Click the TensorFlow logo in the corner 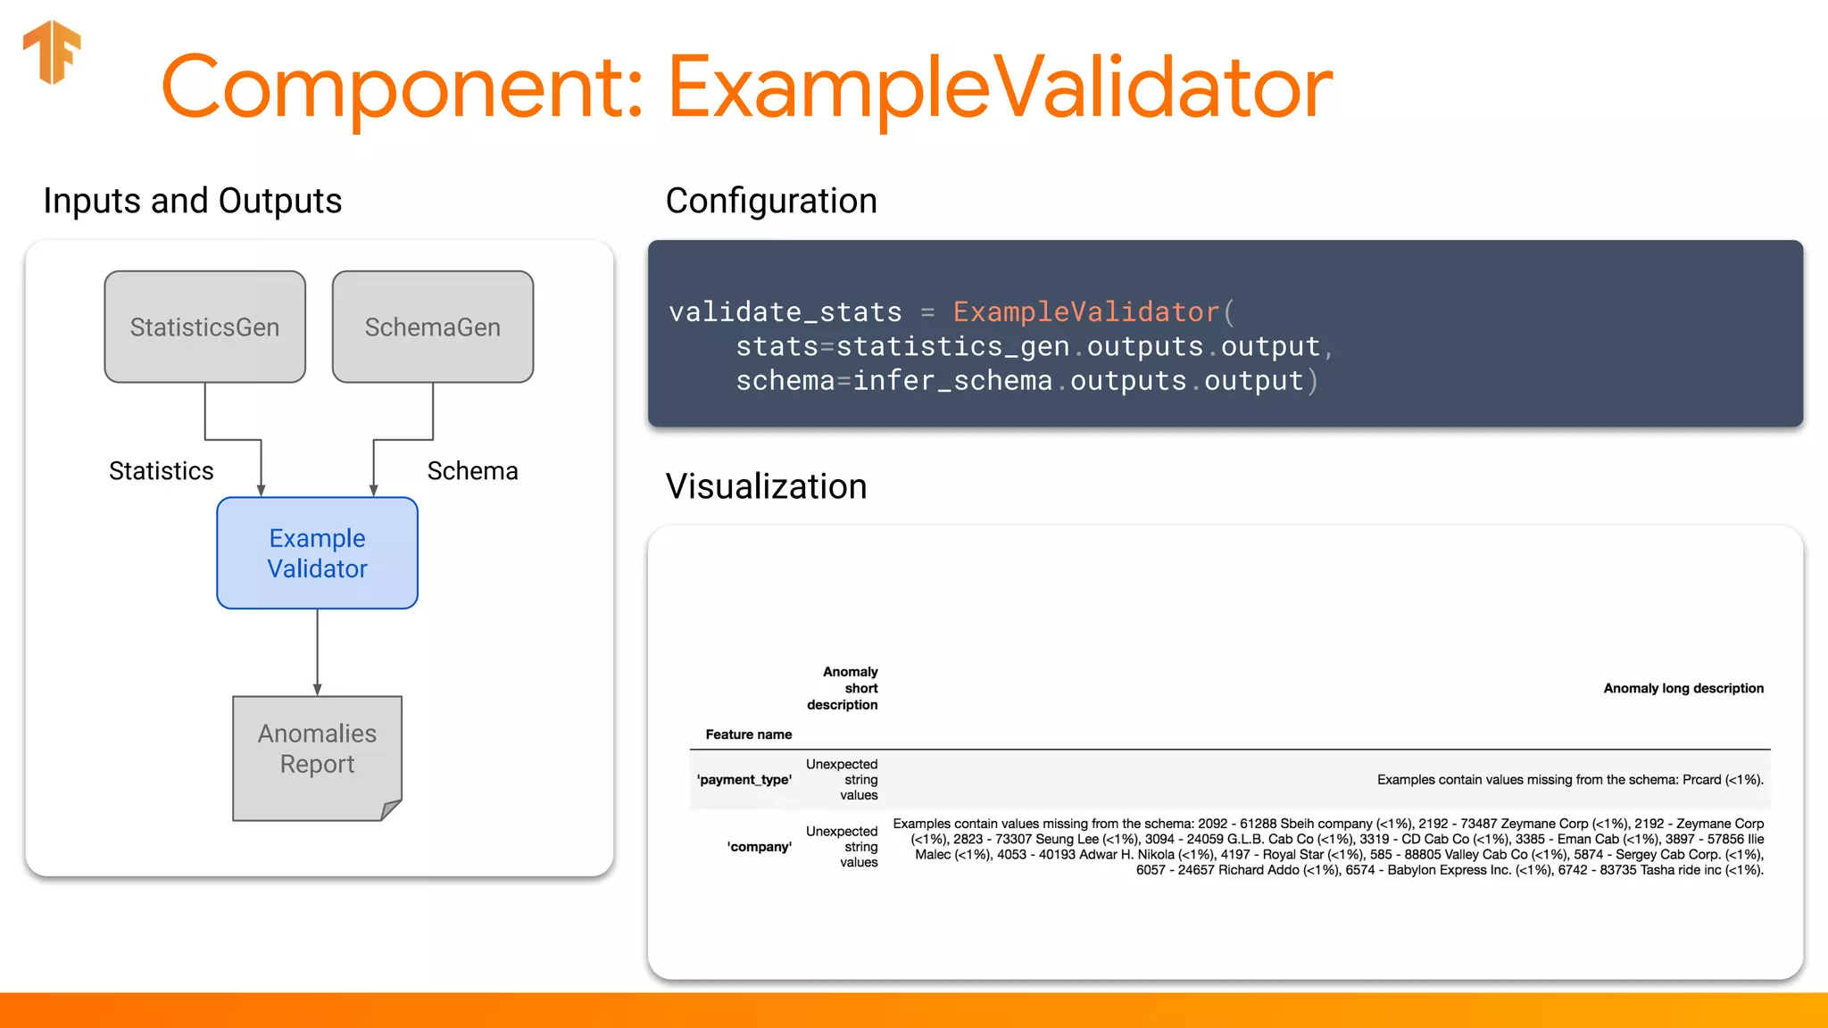[x=52, y=52]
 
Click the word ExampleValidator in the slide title [x=1000, y=87]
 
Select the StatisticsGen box [x=204, y=327]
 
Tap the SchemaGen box [x=433, y=327]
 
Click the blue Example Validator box [x=317, y=553]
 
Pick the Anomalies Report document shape [x=317, y=757]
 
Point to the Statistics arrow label [x=162, y=471]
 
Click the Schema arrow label [x=472, y=471]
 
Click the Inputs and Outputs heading [x=192, y=202]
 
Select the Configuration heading [x=771, y=202]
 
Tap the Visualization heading [x=766, y=487]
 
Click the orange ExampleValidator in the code [x=1085, y=312]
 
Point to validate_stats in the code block [x=785, y=312]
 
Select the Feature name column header [x=748, y=734]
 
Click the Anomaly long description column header [x=1683, y=688]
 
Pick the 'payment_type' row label [x=744, y=780]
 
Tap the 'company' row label [x=759, y=847]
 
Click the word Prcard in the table [x=1701, y=780]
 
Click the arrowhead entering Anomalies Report [x=317, y=690]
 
